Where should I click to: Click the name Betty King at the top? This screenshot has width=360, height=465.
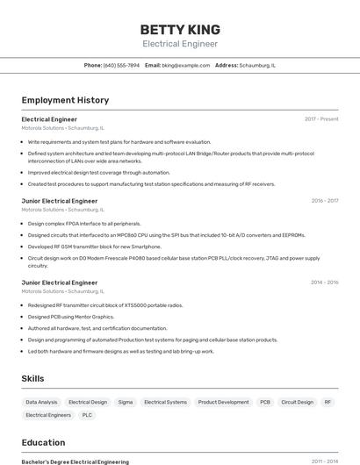180,29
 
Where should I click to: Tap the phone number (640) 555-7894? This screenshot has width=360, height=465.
121,65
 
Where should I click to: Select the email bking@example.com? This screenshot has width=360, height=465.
185,65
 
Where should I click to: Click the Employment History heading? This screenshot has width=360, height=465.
65,100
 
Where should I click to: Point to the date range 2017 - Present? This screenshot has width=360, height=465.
321,119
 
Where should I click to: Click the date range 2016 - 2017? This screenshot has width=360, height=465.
324,201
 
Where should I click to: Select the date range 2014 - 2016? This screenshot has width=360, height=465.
324,283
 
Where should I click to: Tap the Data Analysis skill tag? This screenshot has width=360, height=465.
41,402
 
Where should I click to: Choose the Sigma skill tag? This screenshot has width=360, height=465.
126,402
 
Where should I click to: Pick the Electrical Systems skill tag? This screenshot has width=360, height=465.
165,402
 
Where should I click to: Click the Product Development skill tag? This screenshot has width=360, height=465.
223,402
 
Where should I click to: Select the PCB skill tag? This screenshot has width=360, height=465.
264,402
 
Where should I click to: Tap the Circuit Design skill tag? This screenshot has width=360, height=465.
297,402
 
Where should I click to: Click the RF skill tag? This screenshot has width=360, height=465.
328,402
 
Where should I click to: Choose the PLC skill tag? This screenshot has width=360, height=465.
87,415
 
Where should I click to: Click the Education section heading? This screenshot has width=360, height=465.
43,442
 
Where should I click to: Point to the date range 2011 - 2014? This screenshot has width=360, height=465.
324,461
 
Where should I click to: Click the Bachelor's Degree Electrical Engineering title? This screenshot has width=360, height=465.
75,461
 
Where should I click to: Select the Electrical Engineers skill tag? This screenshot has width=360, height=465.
48,415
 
